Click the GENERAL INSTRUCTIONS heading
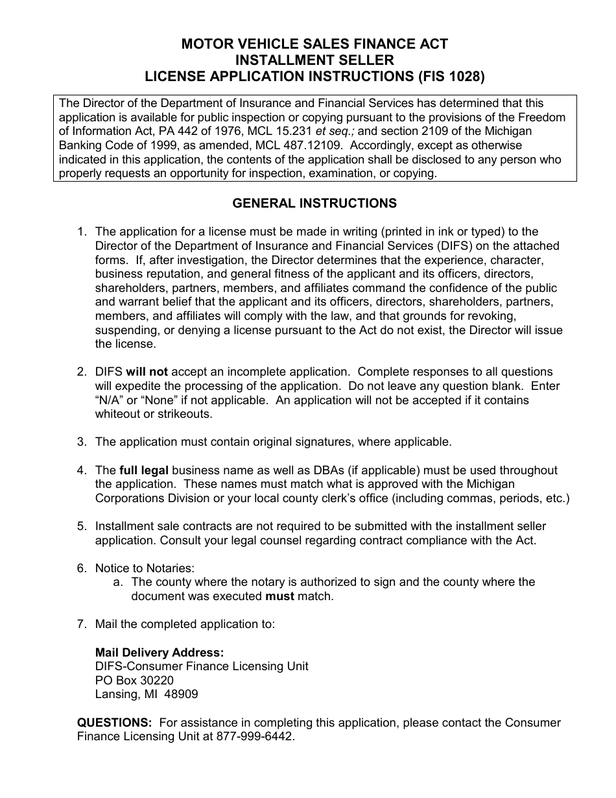click(314, 203)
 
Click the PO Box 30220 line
click(134, 680)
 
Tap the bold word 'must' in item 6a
click(280, 596)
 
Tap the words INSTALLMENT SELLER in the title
click(314, 60)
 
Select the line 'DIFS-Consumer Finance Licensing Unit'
click(202, 666)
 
